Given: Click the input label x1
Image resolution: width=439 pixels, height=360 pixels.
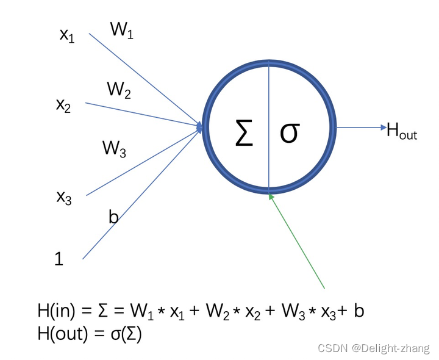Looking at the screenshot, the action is coord(66,35).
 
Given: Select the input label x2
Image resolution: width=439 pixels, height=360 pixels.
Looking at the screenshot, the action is coord(63,105).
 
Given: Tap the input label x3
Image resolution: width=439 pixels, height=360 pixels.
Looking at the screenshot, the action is coord(64,197).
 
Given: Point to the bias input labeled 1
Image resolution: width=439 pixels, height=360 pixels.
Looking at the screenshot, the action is coord(59,259).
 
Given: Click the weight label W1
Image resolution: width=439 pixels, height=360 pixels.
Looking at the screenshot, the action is coord(121,30).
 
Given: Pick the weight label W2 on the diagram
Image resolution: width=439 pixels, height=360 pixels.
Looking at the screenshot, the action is coord(119,91).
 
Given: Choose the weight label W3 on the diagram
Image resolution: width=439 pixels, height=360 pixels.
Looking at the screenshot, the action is coord(114,148).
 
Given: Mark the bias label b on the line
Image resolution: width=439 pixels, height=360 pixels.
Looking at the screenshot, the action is coord(113,217).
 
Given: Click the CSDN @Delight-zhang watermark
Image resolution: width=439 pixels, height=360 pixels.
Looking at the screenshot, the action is coord(374,348).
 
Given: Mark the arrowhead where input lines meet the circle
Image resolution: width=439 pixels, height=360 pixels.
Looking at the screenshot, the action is coord(200,127).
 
